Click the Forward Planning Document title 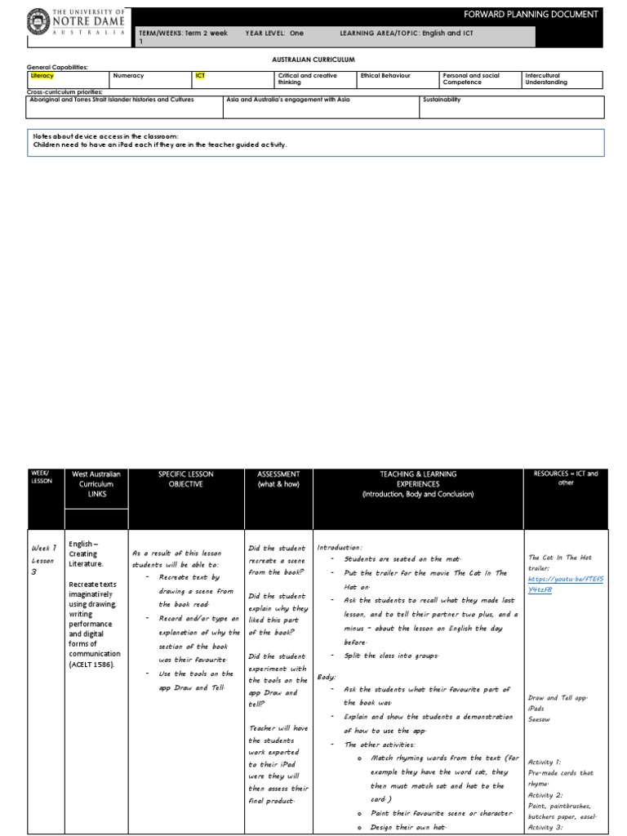tap(543, 14)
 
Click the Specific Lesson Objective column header tap(186, 479)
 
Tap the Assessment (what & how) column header tap(278, 479)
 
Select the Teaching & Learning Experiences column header tap(418, 483)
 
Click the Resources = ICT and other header tap(565, 478)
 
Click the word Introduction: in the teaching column tap(340, 547)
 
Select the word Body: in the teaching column tap(327, 678)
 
